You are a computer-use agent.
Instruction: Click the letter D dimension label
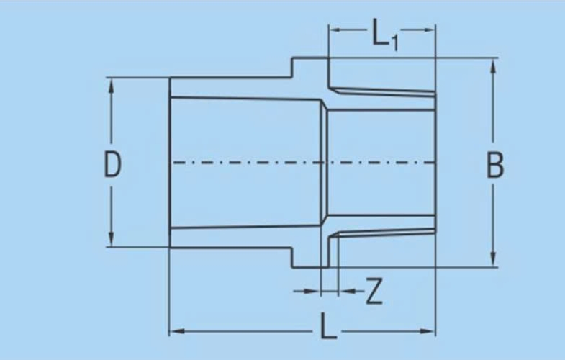pos(112,164)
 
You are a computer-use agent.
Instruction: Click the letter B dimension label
pos(495,165)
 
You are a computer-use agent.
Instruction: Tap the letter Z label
pos(374,292)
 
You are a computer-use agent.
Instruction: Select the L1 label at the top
pos(385,34)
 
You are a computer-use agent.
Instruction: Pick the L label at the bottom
pos(328,325)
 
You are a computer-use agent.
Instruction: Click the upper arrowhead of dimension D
pos(111,86)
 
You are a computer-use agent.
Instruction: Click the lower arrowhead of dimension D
pos(111,238)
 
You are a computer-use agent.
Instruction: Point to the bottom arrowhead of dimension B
pos(493,258)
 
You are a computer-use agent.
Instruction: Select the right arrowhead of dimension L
pos(428,330)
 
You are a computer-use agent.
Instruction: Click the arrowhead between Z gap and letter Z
pos(346,291)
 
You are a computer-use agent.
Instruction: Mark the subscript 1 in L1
pos(395,43)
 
